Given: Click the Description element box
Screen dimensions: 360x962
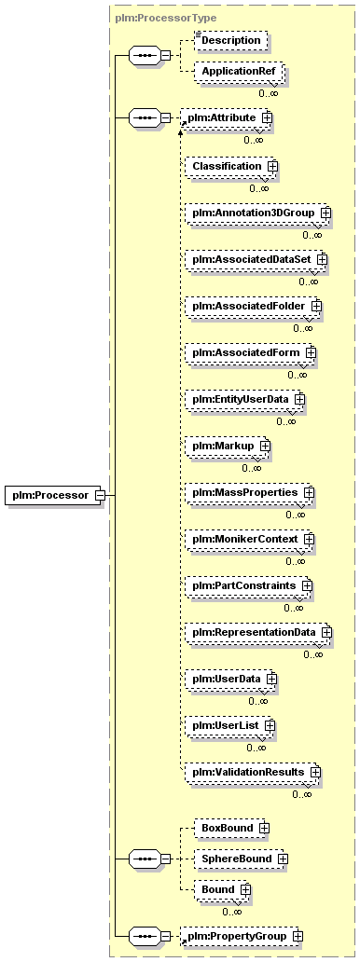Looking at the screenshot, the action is (231, 40).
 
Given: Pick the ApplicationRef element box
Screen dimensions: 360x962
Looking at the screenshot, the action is (239, 71).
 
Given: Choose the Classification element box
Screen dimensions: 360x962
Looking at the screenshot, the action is (230, 166).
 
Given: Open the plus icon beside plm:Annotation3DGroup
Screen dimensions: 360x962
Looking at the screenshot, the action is (325, 213).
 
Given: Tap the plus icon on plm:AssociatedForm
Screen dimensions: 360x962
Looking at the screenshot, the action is (311, 352).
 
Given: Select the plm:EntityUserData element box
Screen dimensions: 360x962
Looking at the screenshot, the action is (245, 399).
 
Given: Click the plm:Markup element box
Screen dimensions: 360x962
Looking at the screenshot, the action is (228, 446).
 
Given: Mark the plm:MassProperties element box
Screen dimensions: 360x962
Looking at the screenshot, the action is (250, 493).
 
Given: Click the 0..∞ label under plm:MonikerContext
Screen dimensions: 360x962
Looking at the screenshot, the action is (295, 561).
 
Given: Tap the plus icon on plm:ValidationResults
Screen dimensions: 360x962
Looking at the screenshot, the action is (315, 772).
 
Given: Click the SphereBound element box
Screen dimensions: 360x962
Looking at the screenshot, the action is (241, 859).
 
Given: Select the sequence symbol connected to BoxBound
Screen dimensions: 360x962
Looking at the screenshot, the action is (145, 859).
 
